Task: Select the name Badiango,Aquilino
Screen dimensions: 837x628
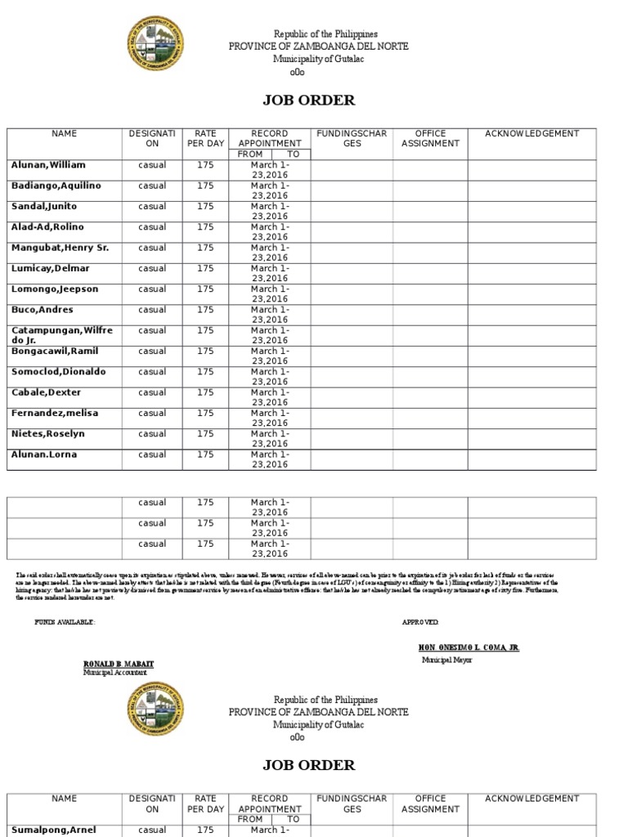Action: pyautogui.click(x=56, y=186)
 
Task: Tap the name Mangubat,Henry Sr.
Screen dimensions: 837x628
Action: pyautogui.click(x=60, y=248)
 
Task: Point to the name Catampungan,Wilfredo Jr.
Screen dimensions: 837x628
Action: pyautogui.click(x=62, y=335)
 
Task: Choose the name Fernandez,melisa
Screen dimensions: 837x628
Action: pyautogui.click(x=54, y=414)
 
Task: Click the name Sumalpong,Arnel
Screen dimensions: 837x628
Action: pyautogui.click(x=53, y=830)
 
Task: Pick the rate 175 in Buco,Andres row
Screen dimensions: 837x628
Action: pyautogui.click(x=205, y=310)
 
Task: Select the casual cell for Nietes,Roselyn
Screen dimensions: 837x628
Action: pyautogui.click(x=152, y=434)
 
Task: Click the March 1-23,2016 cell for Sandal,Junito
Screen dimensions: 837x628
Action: pyautogui.click(x=270, y=211)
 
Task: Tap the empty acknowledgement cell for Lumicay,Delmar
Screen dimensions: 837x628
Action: pyautogui.click(x=532, y=272)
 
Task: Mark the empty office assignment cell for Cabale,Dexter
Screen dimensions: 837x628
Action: pyautogui.click(x=430, y=396)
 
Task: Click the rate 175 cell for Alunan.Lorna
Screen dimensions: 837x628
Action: pyautogui.click(x=205, y=454)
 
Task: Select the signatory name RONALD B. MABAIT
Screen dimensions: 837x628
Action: pyautogui.click(x=119, y=664)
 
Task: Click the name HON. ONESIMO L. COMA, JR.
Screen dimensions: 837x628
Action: pyautogui.click(x=468, y=648)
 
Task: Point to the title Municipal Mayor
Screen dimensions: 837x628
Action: pyautogui.click(x=446, y=659)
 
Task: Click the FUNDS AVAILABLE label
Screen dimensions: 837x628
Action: pyautogui.click(x=65, y=622)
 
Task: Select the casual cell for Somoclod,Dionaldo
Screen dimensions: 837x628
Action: pyautogui.click(x=152, y=372)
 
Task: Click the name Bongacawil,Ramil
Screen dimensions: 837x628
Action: pyautogui.click(x=55, y=351)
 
